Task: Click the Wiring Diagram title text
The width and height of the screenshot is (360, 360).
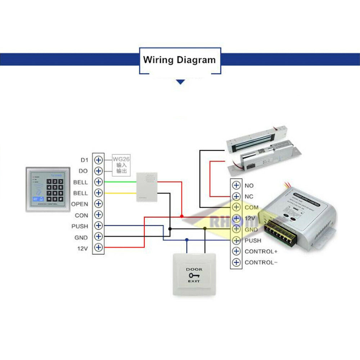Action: pos(179,60)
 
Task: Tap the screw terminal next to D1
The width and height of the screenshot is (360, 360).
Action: pos(98,159)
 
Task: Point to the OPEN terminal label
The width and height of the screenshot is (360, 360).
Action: pos(80,204)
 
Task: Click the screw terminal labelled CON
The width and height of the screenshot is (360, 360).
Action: pos(98,215)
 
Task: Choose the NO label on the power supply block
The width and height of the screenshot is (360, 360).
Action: pos(249,186)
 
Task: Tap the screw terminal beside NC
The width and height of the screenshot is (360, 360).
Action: pos(236,196)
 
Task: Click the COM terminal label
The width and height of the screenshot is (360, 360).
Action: pos(251,208)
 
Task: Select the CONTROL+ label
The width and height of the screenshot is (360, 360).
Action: pos(261,251)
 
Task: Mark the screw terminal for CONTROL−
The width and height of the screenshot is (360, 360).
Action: pos(236,262)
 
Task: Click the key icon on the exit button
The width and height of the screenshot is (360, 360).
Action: pos(194,275)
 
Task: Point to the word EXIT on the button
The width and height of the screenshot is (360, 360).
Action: pos(194,281)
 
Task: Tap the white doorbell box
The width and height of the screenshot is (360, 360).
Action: pos(147,186)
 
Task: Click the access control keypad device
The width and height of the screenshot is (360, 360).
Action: pos(48,189)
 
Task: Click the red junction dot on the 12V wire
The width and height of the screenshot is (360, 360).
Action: pos(182,216)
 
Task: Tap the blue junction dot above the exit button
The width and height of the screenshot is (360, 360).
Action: pos(186,239)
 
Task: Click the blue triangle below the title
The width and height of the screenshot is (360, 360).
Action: pos(180,82)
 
